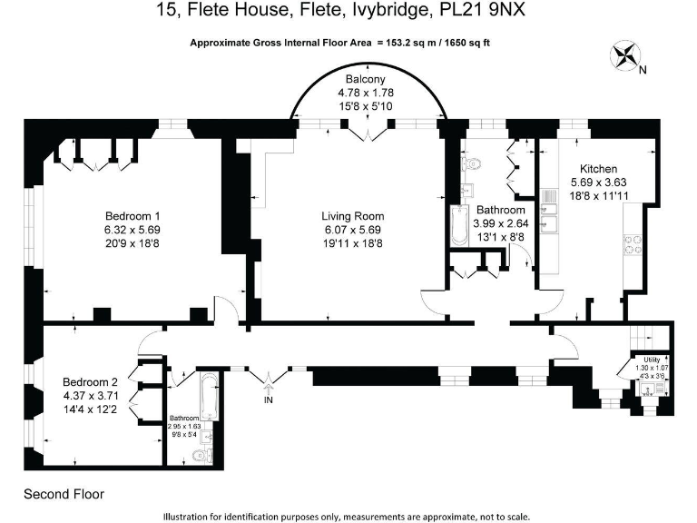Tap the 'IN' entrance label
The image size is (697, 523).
[268, 399]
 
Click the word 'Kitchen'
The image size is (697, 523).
[598, 169]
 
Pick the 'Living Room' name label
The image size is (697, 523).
[352, 216]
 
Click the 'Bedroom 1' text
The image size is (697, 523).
[132, 215]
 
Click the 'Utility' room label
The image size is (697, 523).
[652, 360]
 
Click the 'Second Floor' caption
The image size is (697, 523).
[64, 495]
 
